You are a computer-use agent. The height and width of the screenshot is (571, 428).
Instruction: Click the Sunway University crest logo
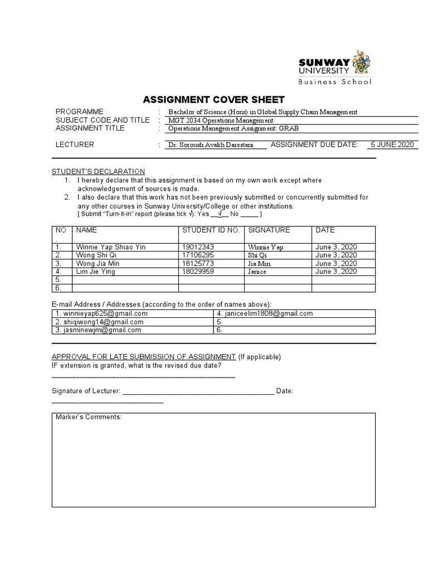click(360, 63)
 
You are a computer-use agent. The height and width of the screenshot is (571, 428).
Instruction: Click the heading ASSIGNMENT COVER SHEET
click(214, 100)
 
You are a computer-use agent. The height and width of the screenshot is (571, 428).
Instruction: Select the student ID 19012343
click(198, 246)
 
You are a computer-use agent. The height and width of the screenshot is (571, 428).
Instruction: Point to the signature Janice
click(257, 272)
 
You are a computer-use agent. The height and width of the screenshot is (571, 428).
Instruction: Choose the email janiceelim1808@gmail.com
click(264, 313)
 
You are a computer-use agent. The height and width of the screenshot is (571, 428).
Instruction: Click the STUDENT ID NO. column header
click(210, 230)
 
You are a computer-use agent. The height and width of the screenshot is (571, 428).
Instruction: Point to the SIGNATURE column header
click(269, 230)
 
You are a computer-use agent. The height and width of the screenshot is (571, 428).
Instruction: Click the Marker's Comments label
click(89, 417)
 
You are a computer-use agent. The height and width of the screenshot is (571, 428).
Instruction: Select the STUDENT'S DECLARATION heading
click(98, 171)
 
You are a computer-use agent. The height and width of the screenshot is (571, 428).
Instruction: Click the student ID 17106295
click(198, 255)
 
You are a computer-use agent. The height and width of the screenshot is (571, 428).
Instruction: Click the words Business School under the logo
click(333, 83)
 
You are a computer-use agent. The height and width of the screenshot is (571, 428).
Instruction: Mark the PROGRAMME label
click(80, 112)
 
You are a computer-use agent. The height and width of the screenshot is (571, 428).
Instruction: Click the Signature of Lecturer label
click(85, 391)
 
